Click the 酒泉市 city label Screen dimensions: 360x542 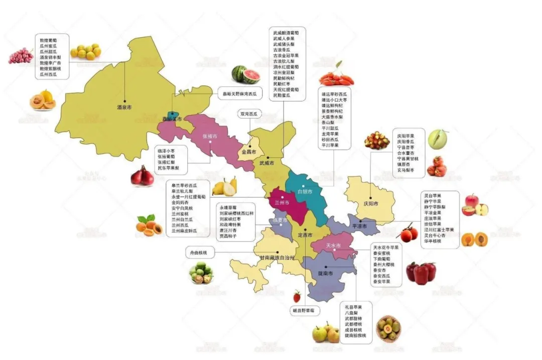coord(124,107)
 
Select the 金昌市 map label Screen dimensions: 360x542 coord(249,151)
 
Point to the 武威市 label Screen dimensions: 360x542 coord(266,163)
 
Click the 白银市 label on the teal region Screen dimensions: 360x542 coord(305,192)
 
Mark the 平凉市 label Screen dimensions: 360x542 coord(359,226)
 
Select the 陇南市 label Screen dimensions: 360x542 coord(326,273)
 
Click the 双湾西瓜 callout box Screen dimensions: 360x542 coord(248,114)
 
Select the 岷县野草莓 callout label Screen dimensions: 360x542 coord(304,311)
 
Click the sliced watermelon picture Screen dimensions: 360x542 coord(246,74)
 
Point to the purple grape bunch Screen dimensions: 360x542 coord(20,56)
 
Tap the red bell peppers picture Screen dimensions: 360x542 coord(421,273)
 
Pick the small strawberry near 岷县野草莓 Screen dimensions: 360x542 coord(297,296)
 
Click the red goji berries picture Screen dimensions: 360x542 coord(337,78)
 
